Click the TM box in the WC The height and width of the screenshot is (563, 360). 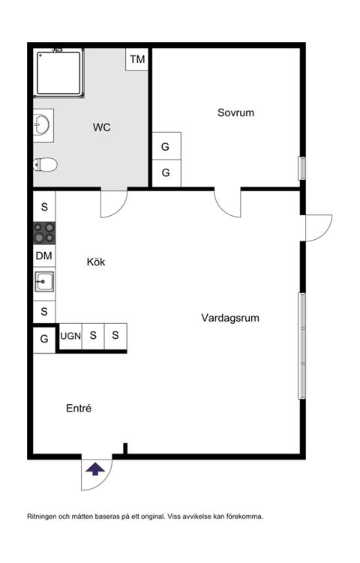pos(137,59)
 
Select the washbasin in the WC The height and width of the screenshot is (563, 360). pos(43,125)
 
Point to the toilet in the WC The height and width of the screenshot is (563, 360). pos(46,165)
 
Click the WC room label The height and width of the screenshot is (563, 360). pos(102,127)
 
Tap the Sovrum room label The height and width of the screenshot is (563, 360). pos(235,113)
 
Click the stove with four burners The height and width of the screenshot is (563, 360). pos(44,233)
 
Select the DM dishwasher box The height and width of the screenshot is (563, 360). pos(44,256)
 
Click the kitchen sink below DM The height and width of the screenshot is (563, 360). pos(44,282)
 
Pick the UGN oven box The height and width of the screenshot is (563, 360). pos(70,336)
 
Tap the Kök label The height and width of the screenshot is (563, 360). pos(95,262)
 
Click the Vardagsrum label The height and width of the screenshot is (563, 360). pos(230,318)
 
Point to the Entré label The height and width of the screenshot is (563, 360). pos(79,409)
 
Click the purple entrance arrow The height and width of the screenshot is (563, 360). pos(95,470)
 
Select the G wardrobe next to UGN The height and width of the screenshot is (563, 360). pos(44,339)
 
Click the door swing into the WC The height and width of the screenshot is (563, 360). pos(113,203)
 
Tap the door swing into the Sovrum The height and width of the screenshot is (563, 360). pos(227,203)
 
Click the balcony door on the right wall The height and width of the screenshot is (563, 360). pos(317,227)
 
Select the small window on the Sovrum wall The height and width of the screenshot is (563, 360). pos(301,167)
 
